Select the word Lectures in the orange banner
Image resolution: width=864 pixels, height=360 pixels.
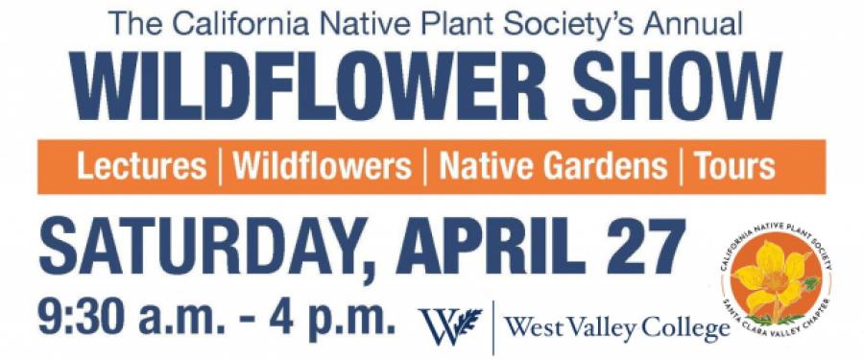click(x=142, y=166)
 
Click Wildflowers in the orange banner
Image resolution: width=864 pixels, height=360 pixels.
click(x=323, y=166)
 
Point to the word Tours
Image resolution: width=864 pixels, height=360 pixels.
click(x=734, y=166)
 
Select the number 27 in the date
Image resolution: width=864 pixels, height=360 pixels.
click(x=644, y=247)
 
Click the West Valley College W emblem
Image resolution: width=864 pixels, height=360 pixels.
click(x=451, y=325)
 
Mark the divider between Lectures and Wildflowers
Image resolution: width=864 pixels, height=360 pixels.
click(x=221, y=166)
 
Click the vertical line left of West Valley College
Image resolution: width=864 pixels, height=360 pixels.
click(x=493, y=327)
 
